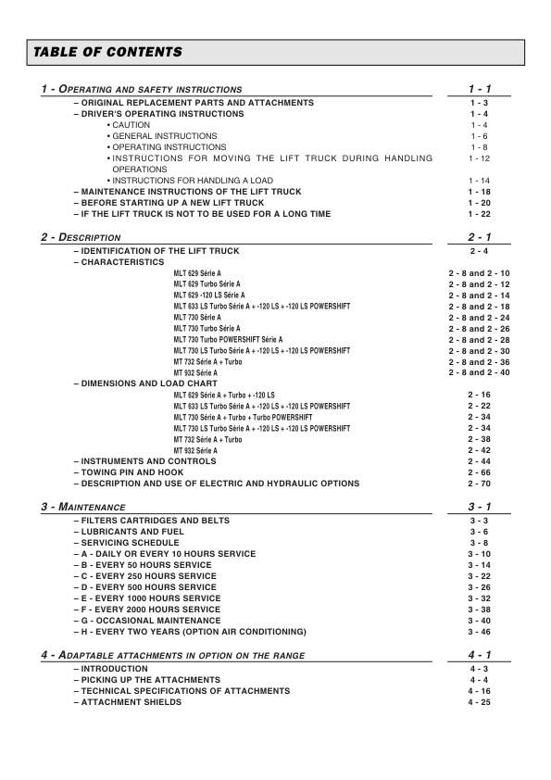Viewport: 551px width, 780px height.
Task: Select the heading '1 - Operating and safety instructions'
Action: (x=142, y=89)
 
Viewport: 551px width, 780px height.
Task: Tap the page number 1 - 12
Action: (x=479, y=159)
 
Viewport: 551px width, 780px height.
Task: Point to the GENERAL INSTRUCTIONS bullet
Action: (x=163, y=136)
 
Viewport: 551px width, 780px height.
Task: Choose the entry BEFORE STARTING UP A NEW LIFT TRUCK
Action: (x=171, y=203)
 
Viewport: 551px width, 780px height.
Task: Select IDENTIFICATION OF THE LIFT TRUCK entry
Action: (x=159, y=251)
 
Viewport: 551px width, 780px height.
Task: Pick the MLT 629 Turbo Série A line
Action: (x=207, y=284)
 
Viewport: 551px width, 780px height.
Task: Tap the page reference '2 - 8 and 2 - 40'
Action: (x=479, y=372)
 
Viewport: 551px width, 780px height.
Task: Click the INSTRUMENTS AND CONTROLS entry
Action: (x=148, y=461)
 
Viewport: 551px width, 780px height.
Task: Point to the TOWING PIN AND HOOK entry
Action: (x=131, y=472)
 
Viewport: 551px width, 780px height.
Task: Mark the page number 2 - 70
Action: (x=479, y=484)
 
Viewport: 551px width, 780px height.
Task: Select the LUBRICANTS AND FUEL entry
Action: (x=131, y=532)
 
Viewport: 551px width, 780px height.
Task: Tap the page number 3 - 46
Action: (x=479, y=632)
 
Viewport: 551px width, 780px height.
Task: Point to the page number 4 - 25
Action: (x=479, y=701)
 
